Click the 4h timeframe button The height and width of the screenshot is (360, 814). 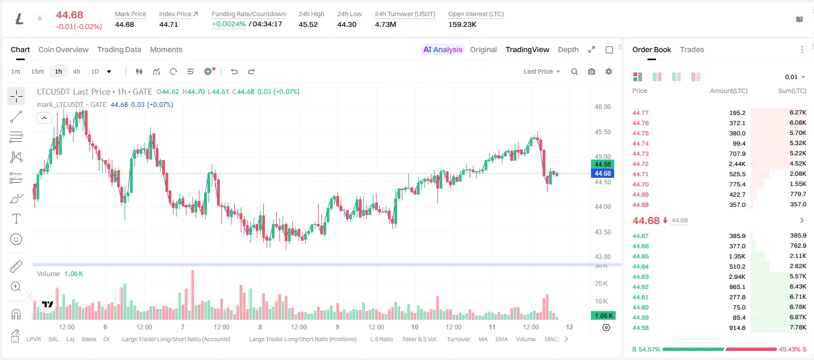tap(76, 71)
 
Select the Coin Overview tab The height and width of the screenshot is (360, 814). tap(63, 49)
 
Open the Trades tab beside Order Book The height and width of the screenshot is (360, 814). tap(692, 49)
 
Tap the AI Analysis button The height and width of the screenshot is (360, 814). tap(443, 49)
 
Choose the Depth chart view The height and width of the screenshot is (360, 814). tap(568, 49)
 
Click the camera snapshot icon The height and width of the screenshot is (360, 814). tap(592, 71)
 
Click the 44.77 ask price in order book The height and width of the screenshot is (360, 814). tap(640, 113)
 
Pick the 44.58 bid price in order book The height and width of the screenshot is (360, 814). tap(640, 328)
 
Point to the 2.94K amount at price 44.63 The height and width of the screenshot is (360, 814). tap(737, 277)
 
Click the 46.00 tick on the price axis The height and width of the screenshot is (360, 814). tap(602, 107)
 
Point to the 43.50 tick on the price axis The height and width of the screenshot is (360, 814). tap(602, 232)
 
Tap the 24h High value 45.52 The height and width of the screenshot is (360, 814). tap(308, 24)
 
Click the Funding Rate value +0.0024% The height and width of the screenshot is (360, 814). tap(228, 24)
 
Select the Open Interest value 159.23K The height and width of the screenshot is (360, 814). tap(462, 24)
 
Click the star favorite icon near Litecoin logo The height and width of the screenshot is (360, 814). tap(40, 18)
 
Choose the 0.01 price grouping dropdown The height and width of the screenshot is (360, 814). tap(795, 77)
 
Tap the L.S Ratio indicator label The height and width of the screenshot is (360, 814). tap(381, 339)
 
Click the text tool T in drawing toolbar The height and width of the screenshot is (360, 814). tap(16, 219)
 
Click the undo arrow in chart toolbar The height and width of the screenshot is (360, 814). tap(234, 71)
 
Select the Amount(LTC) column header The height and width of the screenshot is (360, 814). tap(729, 91)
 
